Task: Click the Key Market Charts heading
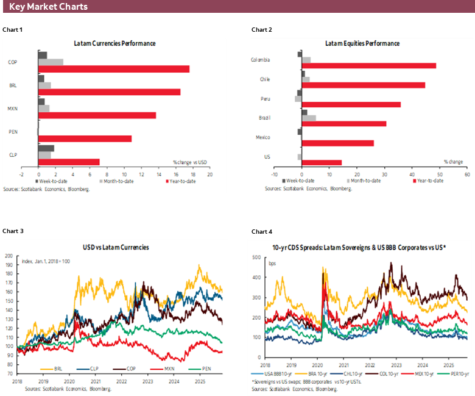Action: pyautogui.click(x=48, y=7)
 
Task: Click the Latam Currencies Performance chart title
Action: pyautogui.click(x=114, y=44)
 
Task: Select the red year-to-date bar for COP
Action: pyautogui.click(x=113, y=69)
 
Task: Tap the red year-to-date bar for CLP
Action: pyautogui.click(x=68, y=162)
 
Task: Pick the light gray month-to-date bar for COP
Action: pyautogui.click(x=51, y=62)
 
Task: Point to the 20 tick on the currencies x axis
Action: pyautogui.click(x=209, y=174)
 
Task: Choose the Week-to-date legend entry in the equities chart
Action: pyautogui.click(x=298, y=181)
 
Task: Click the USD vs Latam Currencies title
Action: pyautogui.click(x=115, y=247)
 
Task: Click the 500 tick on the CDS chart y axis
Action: pyautogui.click(x=257, y=257)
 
